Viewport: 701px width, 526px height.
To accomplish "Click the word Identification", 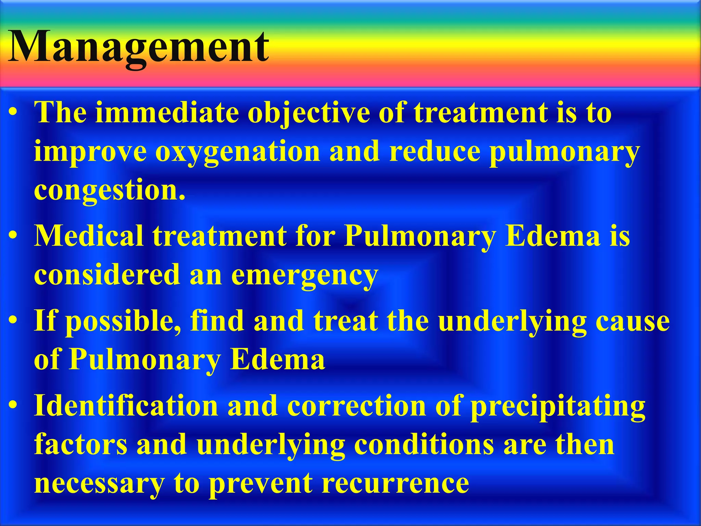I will [x=126, y=405].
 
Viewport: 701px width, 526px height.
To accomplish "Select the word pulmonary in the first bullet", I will [x=565, y=152].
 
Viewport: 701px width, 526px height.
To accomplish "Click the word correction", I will [x=356, y=405].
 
